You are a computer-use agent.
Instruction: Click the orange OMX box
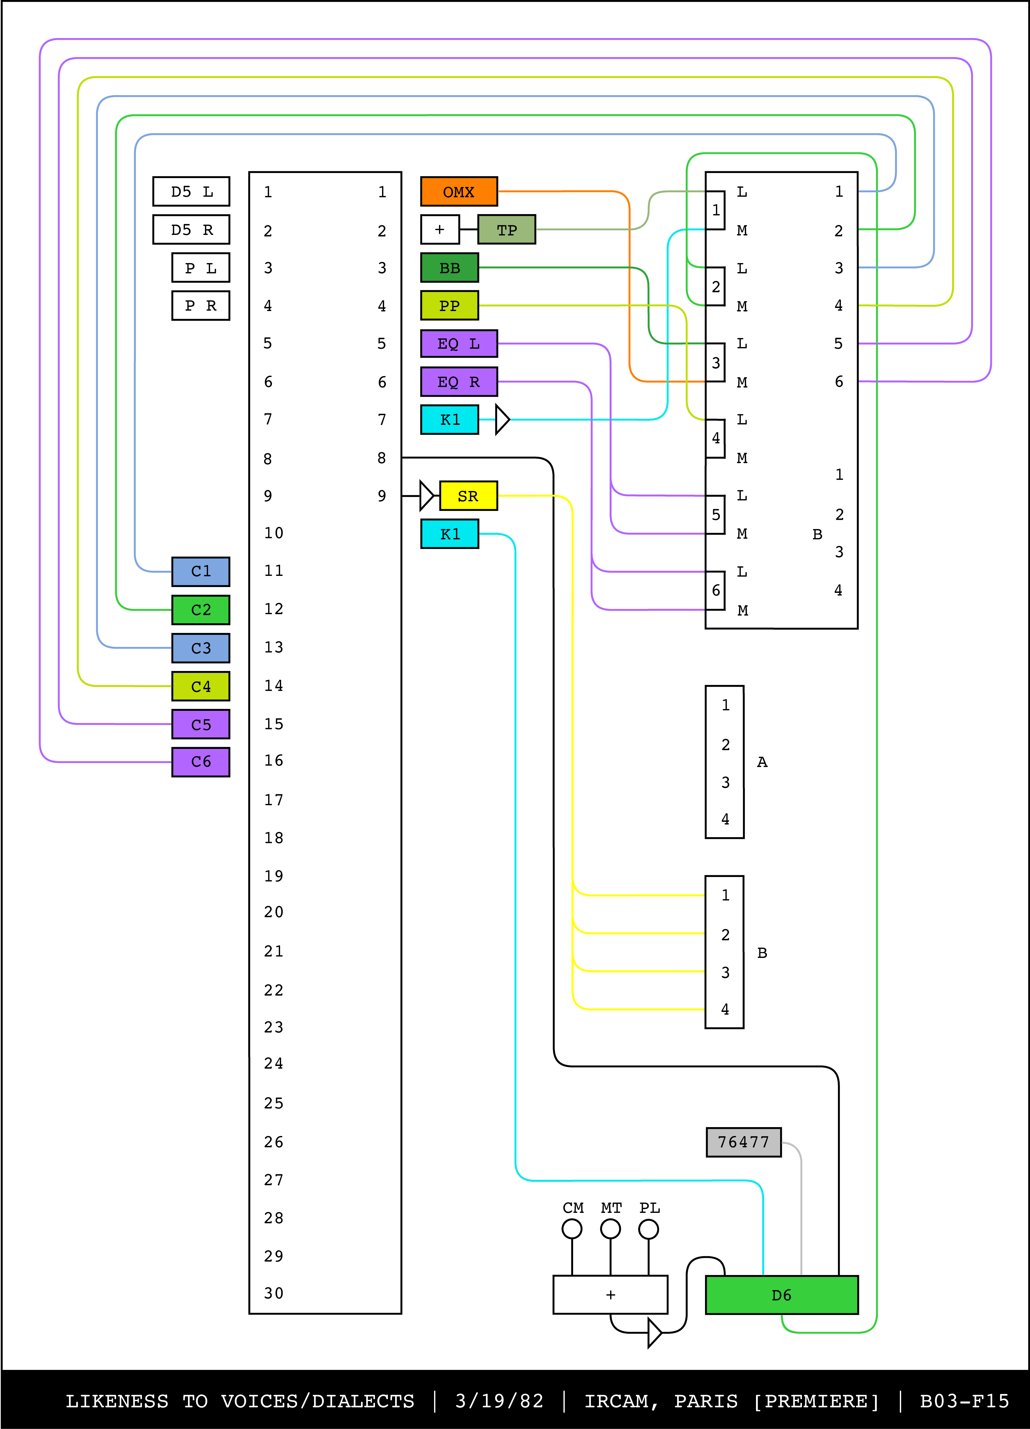pos(459,192)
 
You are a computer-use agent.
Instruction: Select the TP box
pos(506,229)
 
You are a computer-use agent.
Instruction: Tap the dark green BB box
pos(449,268)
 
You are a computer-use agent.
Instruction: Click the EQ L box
pos(459,343)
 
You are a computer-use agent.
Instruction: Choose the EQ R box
pos(459,382)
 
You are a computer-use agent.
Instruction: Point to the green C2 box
pos(200,609)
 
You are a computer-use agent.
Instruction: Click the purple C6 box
pos(200,762)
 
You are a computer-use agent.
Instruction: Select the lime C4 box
pos(200,686)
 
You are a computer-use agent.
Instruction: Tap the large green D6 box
pos(781,1295)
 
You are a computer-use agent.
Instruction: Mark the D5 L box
pos(191,192)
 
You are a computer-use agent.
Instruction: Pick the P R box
pos(200,306)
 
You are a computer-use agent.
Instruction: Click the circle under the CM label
pos(572,1229)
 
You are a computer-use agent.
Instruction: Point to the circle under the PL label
pos(648,1229)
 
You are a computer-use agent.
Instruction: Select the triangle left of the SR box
pos(426,496)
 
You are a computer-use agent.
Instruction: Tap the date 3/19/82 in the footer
pos(499,1401)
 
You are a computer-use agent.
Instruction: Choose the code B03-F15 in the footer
pos(964,1401)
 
